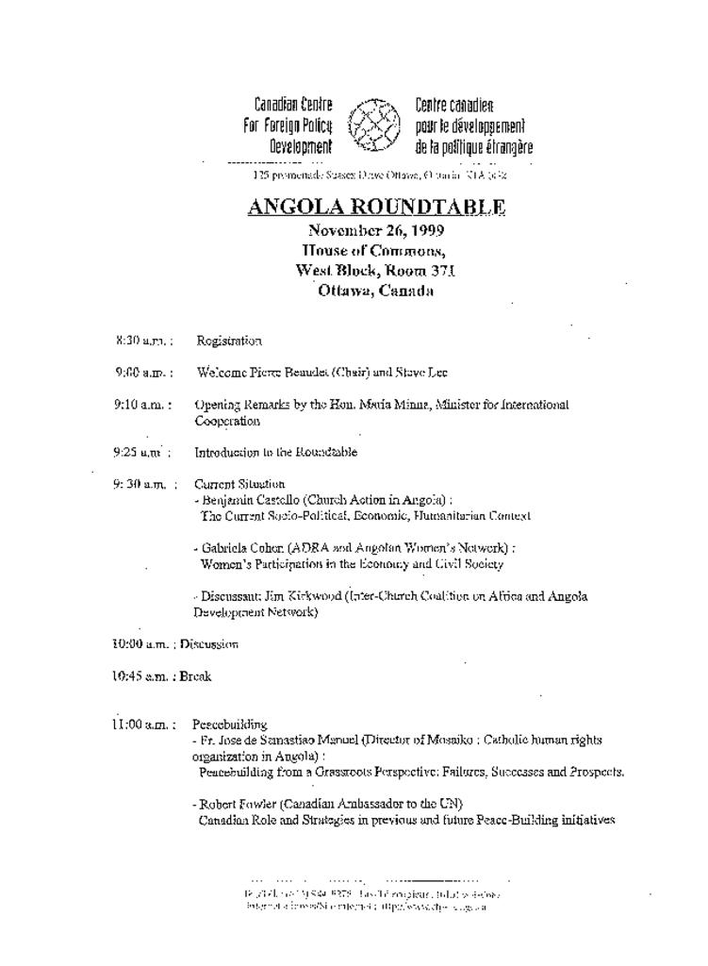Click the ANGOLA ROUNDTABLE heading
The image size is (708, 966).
click(x=376, y=207)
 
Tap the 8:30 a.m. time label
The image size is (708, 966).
click(x=143, y=340)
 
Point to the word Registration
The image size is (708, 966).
click(x=229, y=340)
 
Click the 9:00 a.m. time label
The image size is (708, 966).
click(x=143, y=373)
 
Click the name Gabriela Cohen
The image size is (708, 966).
click(x=242, y=547)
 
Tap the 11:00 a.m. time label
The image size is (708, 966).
click(x=141, y=724)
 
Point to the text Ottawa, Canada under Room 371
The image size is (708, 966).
click(x=375, y=291)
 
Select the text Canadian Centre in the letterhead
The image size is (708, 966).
click(x=292, y=105)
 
